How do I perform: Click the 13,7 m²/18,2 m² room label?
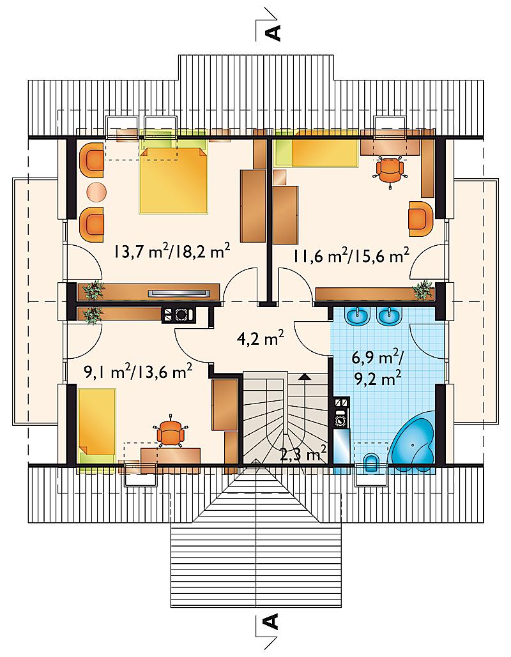171,252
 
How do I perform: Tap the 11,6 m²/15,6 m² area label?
351,254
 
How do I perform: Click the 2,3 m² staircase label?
303,453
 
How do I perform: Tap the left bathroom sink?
357,316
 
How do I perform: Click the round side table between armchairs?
96,192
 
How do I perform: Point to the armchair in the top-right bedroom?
421,218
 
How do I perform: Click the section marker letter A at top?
273,33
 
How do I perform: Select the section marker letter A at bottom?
273,622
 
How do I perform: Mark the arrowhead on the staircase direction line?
305,377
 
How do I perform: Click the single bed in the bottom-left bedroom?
97,426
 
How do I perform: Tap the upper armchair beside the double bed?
91,160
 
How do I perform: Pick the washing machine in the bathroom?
342,420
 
